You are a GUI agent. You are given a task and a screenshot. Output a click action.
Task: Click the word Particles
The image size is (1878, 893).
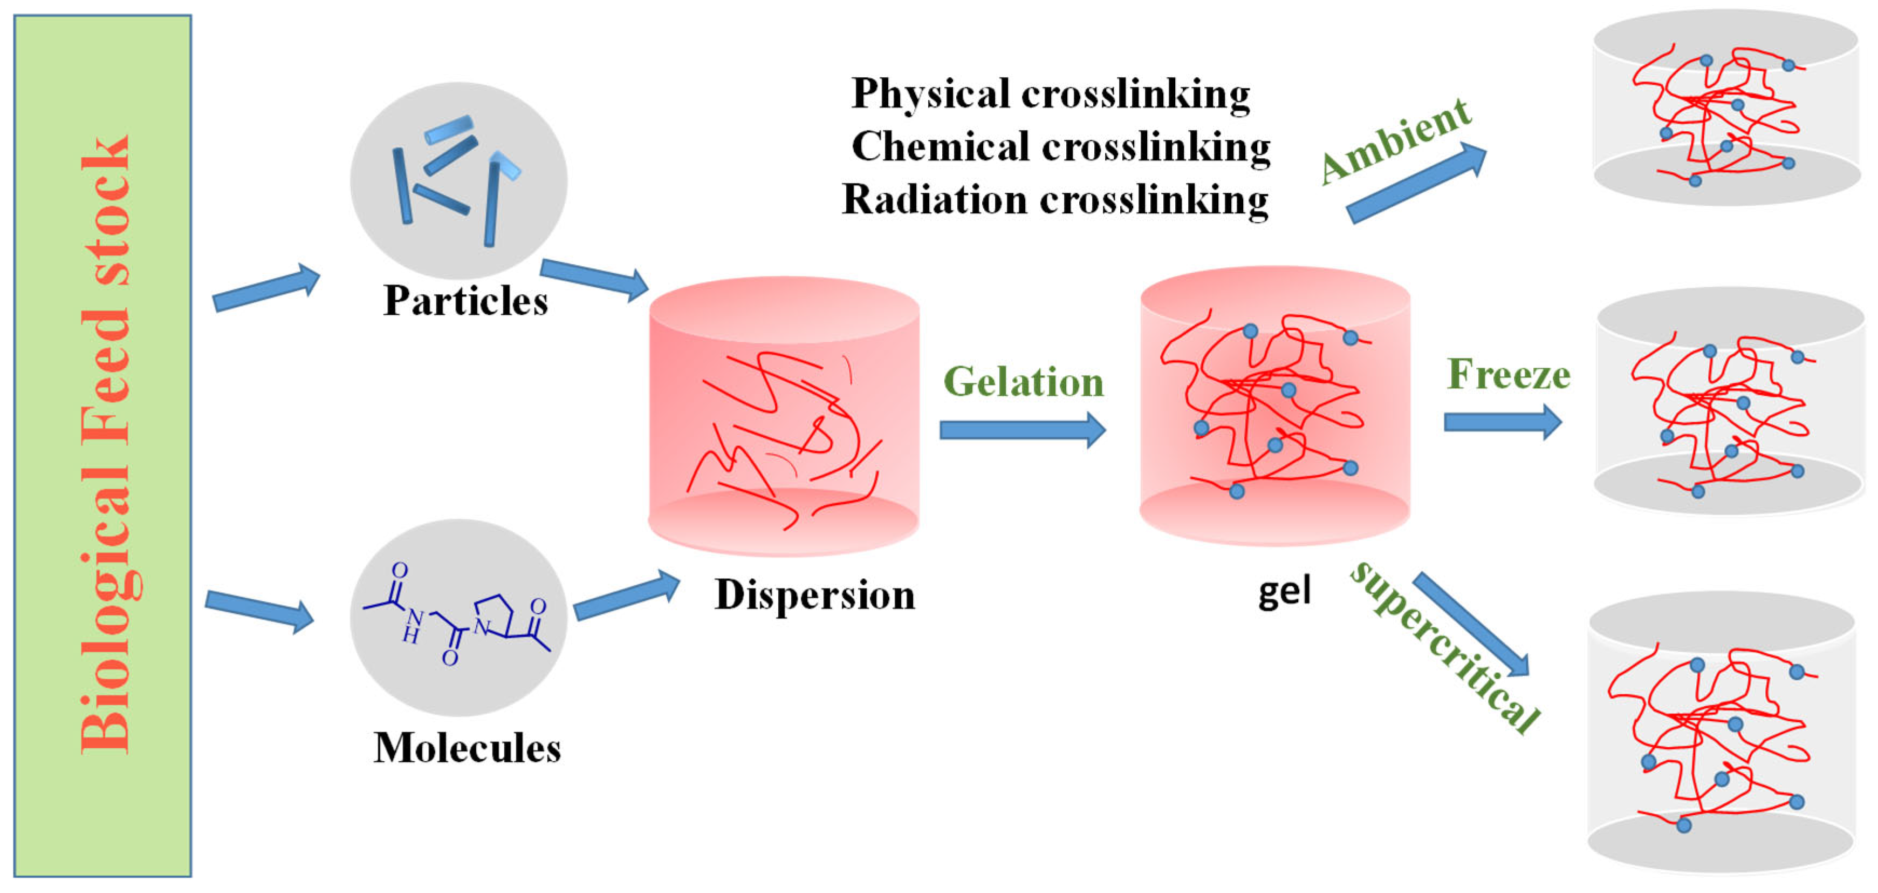coord(465,301)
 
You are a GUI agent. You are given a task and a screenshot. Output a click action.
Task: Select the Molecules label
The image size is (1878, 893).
coord(467,748)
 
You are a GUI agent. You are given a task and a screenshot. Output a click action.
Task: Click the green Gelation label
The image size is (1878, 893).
coord(1024,382)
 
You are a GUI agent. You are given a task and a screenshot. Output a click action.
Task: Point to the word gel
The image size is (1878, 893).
coord(1284,592)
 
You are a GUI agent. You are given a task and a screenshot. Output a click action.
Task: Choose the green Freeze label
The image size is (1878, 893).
coord(1507,374)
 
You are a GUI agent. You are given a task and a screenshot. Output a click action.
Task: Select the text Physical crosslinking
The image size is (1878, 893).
coord(1051,94)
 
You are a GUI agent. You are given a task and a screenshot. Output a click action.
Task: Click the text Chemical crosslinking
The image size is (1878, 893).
coord(1061,147)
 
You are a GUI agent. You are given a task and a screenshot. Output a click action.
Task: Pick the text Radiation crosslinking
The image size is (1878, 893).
coord(1055,200)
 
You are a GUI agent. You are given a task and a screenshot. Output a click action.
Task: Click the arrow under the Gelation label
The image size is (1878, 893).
coord(1022,429)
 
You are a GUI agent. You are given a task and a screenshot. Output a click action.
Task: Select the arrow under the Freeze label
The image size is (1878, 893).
coord(1502,422)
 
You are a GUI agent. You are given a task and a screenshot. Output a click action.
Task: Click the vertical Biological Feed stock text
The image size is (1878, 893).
coord(105,445)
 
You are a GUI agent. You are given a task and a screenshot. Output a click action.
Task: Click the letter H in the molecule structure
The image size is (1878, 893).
coord(410,635)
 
